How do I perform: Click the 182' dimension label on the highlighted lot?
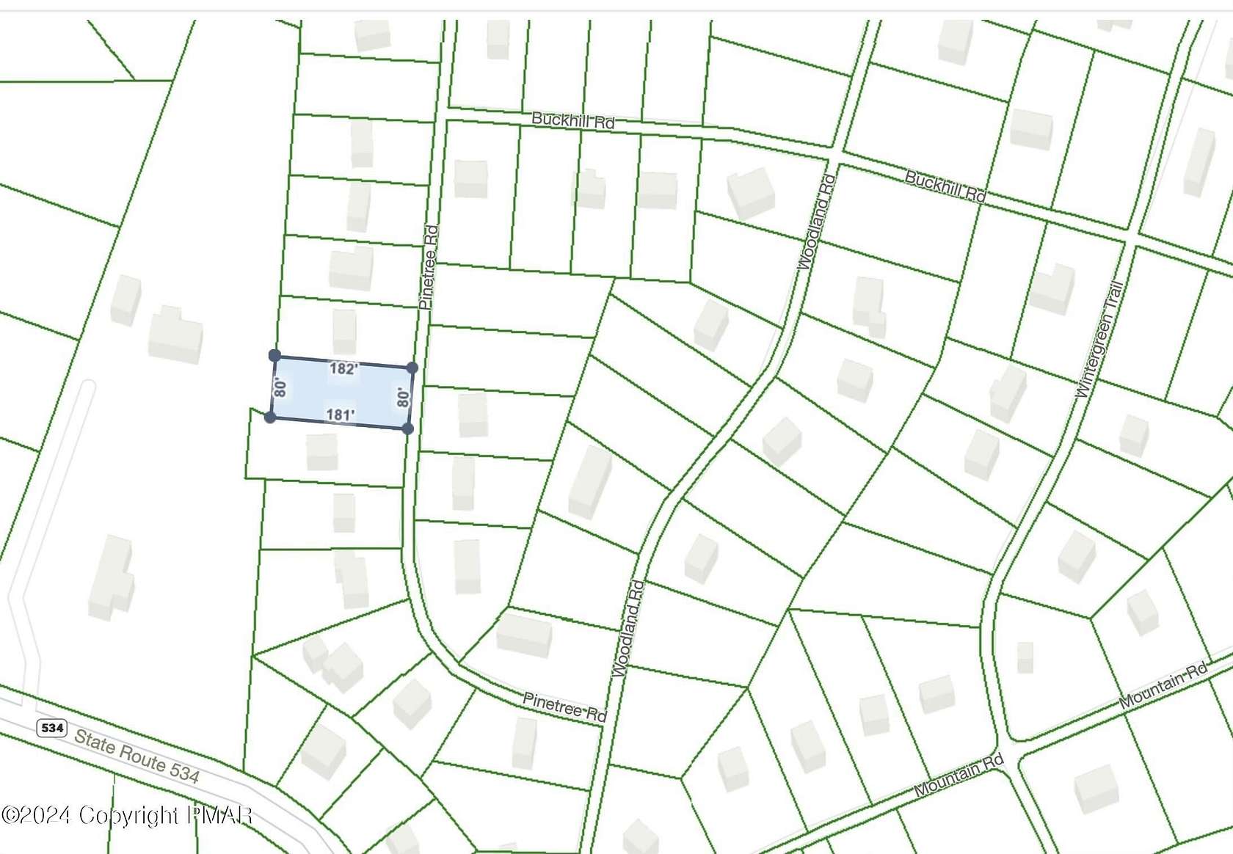point(343,368)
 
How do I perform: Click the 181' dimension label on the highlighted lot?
point(340,415)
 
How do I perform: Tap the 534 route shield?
point(52,728)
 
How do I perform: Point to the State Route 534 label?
point(137,756)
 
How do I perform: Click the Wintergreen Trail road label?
point(1099,340)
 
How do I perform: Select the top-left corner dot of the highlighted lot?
point(274,356)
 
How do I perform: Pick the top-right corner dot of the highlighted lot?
point(412,368)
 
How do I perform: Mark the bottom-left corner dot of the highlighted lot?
point(270,417)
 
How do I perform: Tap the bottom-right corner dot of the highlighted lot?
point(408,428)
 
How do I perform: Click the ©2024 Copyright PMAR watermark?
point(127,815)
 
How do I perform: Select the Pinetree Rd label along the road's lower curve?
point(564,707)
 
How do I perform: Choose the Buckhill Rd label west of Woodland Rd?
point(572,120)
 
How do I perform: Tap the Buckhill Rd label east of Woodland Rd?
point(945,186)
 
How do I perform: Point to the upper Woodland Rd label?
point(815,222)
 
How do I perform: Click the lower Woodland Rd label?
point(628,628)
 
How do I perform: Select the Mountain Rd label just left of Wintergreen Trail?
point(959,776)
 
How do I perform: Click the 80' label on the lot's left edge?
point(280,387)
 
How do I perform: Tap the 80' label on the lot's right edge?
point(402,398)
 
